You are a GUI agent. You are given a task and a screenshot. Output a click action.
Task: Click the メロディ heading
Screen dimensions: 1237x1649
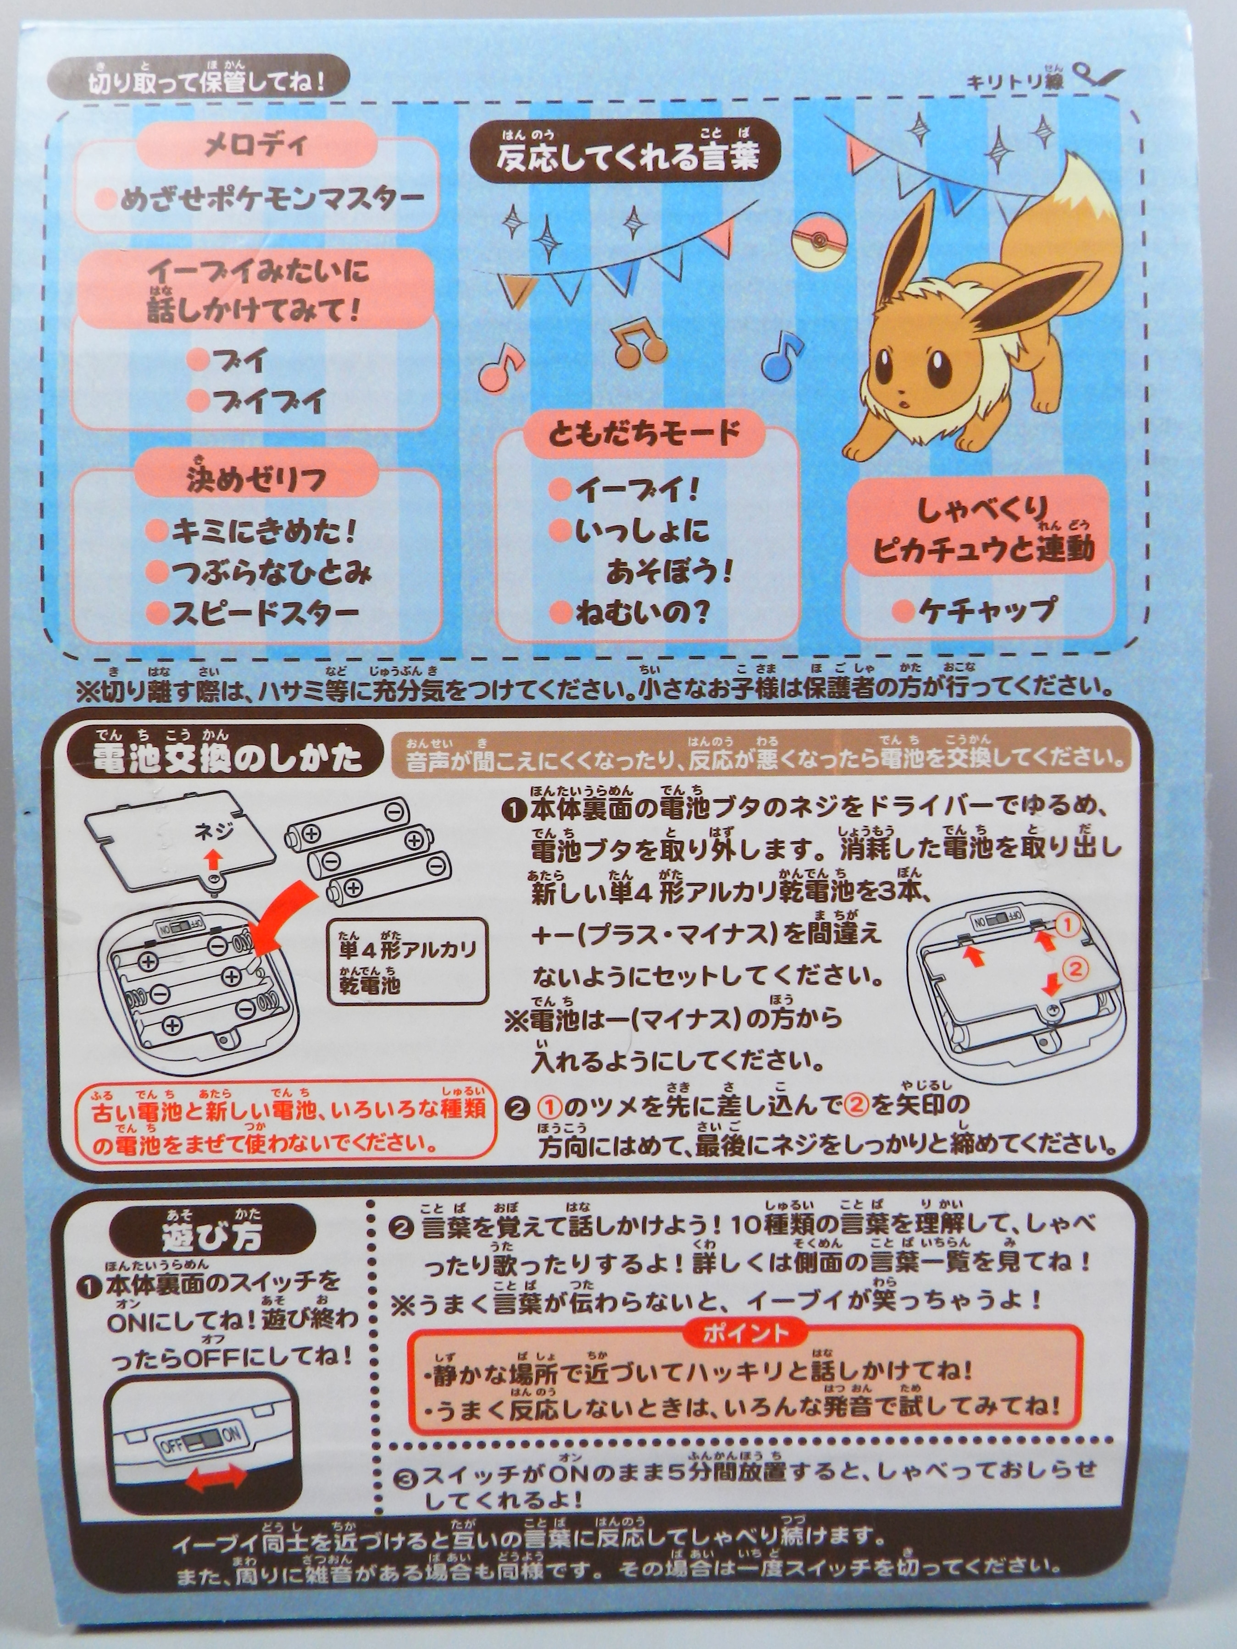point(256,144)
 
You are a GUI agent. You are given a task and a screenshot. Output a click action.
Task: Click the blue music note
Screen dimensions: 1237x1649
point(782,356)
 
